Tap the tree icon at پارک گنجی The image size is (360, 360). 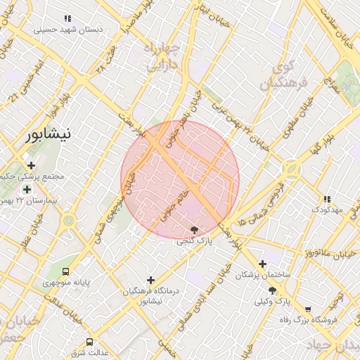click(195, 230)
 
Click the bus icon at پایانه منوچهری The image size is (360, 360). click(66, 271)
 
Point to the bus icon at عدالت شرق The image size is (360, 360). click(89, 342)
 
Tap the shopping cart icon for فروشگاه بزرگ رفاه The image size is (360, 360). click(307, 309)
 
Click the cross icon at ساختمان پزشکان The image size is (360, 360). click(262, 264)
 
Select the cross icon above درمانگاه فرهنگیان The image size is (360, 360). click(150, 280)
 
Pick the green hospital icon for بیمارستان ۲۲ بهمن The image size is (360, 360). click(27, 190)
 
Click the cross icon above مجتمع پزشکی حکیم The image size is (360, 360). click(31, 165)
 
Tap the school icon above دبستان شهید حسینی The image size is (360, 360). click(67, 19)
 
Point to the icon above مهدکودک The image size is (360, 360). click(326, 199)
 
